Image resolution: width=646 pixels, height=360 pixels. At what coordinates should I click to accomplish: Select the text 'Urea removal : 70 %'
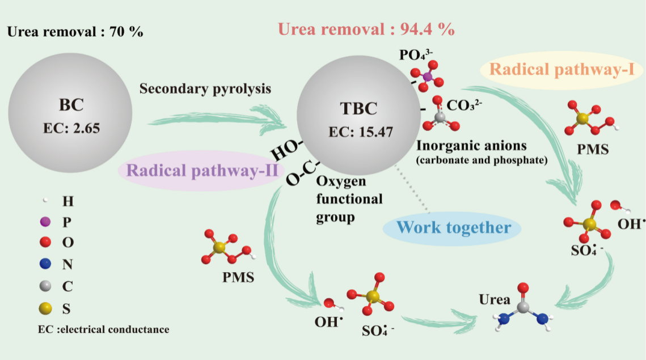(x=75, y=32)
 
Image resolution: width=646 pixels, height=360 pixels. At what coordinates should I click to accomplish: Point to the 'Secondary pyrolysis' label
(x=205, y=89)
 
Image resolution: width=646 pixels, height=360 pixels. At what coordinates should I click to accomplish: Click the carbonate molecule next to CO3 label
(x=439, y=116)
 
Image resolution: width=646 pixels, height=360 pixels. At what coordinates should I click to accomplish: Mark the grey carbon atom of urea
(x=523, y=306)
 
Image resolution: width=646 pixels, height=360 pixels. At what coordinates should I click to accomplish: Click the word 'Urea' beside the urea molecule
(x=495, y=299)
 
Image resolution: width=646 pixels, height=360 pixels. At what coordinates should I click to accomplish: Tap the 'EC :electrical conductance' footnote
(x=103, y=329)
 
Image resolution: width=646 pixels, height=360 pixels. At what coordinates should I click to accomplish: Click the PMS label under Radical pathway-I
(x=592, y=150)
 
